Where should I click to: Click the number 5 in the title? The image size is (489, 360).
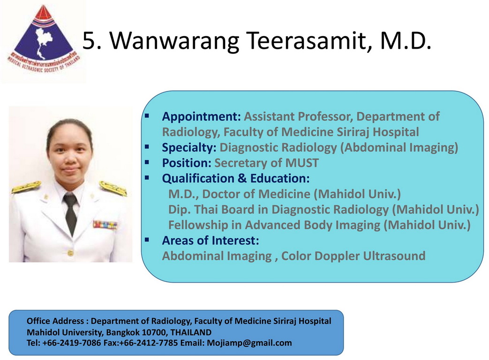click(x=88, y=41)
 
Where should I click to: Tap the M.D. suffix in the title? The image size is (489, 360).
click(x=406, y=40)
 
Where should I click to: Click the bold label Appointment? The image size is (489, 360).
click(x=202, y=117)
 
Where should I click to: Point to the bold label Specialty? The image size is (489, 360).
click(x=189, y=148)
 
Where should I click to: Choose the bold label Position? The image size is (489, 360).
click(x=187, y=163)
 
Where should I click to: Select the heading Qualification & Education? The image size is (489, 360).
click(x=236, y=178)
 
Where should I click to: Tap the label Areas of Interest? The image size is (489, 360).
click(x=211, y=240)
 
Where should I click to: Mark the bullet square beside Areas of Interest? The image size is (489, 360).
click(x=147, y=240)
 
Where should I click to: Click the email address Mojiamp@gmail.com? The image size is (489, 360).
click(x=249, y=343)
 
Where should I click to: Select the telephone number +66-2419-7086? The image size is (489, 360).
click(x=71, y=343)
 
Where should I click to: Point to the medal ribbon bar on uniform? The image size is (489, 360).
click(x=105, y=225)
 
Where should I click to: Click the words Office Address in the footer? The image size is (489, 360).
click(x=55, y=321)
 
